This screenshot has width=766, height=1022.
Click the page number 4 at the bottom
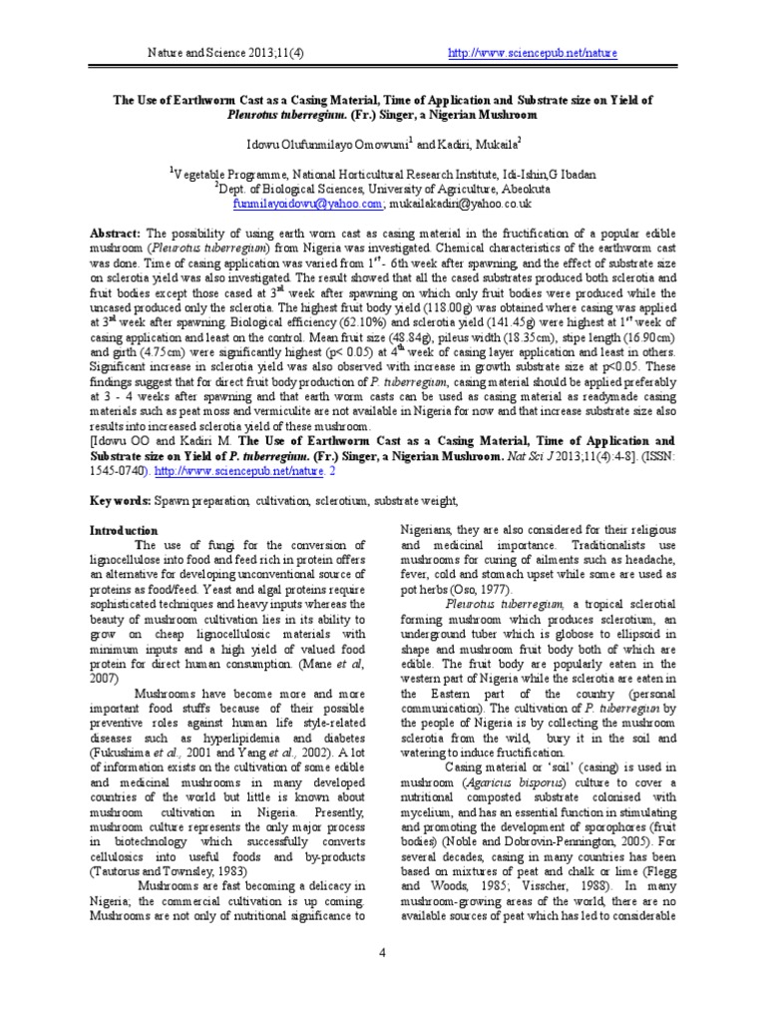[382, 951]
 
